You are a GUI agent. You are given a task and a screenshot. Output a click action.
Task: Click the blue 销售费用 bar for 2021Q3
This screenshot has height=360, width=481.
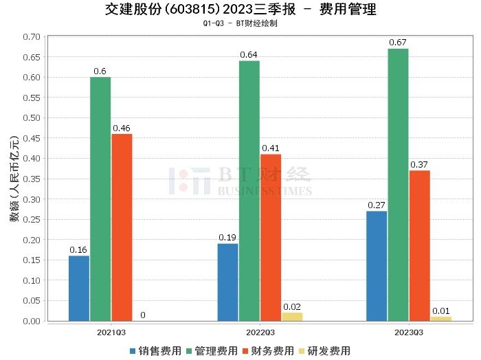[x=79, y=288]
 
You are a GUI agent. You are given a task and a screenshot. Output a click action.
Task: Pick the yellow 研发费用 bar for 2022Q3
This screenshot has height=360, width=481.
[x=292, y=317]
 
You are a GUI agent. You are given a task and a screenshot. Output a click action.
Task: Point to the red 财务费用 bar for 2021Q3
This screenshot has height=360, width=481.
[x=122, y=227]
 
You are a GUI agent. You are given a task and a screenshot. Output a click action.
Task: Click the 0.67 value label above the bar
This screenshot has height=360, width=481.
[x=398, y=43]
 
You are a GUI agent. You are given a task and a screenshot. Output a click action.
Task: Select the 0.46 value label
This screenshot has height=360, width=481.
[x=122, y=128]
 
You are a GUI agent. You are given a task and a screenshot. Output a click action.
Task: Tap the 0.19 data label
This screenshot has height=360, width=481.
[x=227, y=238]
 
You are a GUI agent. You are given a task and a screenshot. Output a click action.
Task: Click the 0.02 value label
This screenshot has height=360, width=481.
[x=292, y=306]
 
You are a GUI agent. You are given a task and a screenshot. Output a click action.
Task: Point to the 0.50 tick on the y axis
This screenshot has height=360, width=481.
[x=32, y=118]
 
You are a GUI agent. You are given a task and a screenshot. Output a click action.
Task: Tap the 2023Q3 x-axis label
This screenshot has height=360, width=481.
[x=409, y=332]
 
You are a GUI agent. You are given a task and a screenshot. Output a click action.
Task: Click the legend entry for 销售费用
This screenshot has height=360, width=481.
[x=155, y=350]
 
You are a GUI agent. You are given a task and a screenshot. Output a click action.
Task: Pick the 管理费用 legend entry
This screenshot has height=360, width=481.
[x=211, y=350]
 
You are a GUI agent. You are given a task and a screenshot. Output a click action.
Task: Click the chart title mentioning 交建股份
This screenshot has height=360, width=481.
[x=240, y=10]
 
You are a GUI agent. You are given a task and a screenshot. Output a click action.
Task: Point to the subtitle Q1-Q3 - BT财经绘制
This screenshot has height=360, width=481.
[x=240, y=23]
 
